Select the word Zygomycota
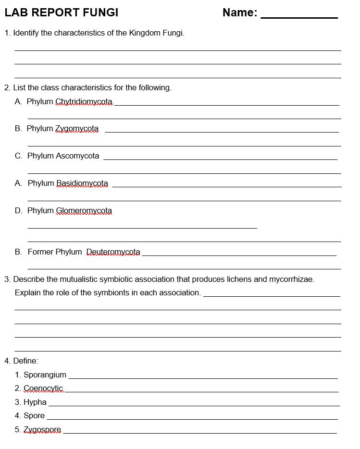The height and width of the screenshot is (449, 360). (x=77, y=129)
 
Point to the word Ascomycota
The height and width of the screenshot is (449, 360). (x=77, y=156)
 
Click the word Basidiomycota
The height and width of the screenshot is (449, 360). (x=82, y=183)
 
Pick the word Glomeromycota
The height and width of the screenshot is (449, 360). (x=84, y=211)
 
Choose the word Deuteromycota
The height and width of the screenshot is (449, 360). (x=113, y=252)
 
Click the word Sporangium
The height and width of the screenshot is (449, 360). (x=45, y=375)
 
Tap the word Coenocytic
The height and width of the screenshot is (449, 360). (x=43, y=388)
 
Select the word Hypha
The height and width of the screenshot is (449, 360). (x=35, y=402)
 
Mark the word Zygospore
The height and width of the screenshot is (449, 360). (x=42, y=430)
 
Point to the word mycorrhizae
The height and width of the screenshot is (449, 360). (x=291, y=279)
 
